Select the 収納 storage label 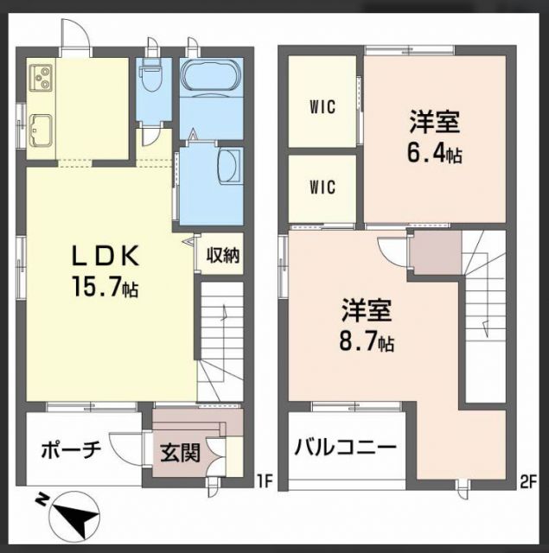click(x=223, y=256)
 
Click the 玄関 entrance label click(x=179, y=451)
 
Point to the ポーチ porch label click(x=72, y=449)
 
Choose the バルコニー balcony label click(x=345, y=448)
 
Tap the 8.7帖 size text click(x=366, y=342)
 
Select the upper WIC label click(x=322, y=107)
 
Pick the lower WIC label click(x=322, y=187)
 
